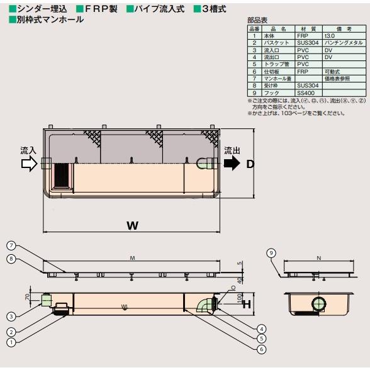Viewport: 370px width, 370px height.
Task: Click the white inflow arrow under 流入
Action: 29,164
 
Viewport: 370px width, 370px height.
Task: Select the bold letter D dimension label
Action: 250,164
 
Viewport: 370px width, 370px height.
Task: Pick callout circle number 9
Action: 271,252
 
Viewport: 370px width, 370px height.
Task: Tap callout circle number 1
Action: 11,343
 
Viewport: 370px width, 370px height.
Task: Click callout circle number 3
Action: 11,317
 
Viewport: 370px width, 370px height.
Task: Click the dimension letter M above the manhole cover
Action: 132,258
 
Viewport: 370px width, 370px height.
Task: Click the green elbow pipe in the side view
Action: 205,305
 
